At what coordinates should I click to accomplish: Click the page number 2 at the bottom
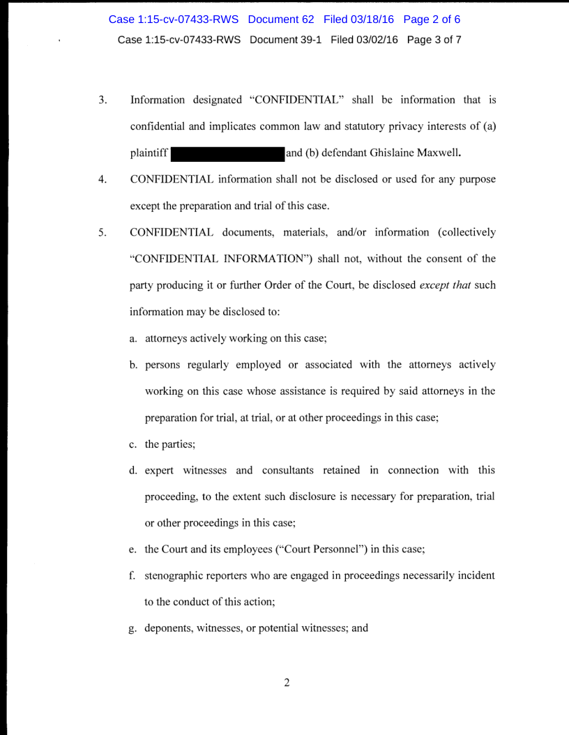point(286,682)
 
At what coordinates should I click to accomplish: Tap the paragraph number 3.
point(102,100)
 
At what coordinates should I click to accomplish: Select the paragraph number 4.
point(102,179)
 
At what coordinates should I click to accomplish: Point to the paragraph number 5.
point(102,232)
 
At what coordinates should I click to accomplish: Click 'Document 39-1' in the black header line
point(286,40)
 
